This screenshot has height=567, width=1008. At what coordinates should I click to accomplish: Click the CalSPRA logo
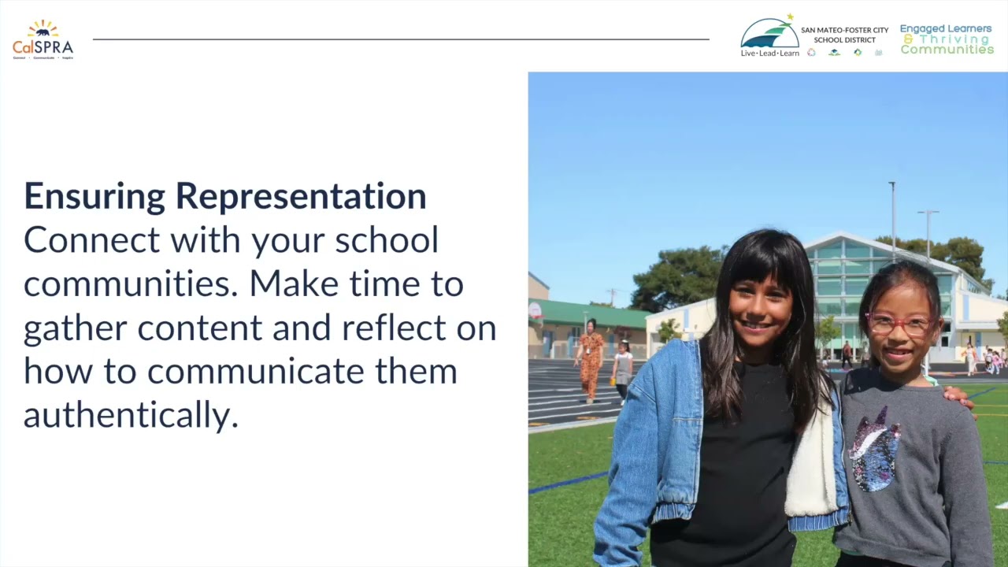[x=43, y=39]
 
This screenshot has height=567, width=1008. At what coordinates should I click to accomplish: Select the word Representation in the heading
[x=301, y=197]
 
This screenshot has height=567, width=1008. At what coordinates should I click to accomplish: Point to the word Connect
[x=91, y=240]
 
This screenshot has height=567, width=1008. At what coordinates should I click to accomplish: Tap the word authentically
[x=131, y=414]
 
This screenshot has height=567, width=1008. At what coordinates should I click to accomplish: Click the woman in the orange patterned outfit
[x=591, y=360]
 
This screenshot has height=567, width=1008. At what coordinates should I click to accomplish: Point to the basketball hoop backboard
[x=535, y=309]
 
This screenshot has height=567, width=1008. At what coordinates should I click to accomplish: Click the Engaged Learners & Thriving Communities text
[x=947, y=39]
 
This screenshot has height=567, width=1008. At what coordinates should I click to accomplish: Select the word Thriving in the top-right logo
[x=954, y=39]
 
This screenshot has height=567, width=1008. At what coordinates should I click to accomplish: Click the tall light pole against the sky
[x=892, y=220]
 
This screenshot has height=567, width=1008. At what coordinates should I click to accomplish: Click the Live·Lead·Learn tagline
[x=769, y=54]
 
